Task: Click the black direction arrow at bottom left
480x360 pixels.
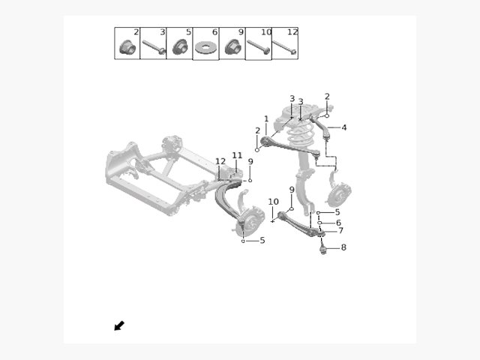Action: tap(119, 325)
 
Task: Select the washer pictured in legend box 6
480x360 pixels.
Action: tap(205, 48)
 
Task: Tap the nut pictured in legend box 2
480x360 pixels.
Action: tap(127, 46)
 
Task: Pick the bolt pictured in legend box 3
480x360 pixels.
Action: tap(154, 47)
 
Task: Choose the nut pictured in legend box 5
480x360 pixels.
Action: tap(180, 46)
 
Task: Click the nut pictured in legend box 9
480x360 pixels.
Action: tap(233, 46)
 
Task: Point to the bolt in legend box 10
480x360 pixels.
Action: tap(259, 47)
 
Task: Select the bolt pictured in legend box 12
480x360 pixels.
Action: tap(285, 47)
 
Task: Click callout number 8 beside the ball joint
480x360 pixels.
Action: tap(343, 247)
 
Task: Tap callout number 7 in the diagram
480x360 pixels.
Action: tap(340, 230)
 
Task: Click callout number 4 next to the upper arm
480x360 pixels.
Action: tap(344, 127)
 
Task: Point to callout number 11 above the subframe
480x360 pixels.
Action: tap(237, 155)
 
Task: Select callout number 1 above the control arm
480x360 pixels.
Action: tap(266, 118)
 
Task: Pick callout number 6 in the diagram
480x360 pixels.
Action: tap(338, 223)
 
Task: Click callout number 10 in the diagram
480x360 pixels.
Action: tap(273, 202)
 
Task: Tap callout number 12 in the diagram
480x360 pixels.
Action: tap(220, 161)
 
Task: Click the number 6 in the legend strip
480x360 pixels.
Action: tap(214, 31)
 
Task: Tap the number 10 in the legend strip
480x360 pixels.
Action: tap(266, 31)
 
